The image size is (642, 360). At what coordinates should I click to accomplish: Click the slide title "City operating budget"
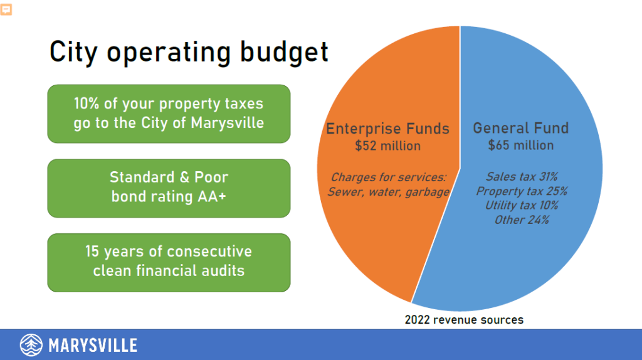pos(189,53)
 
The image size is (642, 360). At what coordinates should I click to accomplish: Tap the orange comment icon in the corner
pos(6,9)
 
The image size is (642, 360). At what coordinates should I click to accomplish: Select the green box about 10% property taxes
pos(169,114)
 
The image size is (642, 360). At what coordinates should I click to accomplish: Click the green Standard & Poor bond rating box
pos(169,188)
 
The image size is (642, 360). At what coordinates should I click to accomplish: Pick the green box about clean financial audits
pos(169,263)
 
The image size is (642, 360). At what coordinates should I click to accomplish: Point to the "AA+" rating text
pos(212,196)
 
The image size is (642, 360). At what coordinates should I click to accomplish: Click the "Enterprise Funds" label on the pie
pos(387,129)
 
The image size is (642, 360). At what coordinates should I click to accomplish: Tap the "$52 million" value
pos(387,146)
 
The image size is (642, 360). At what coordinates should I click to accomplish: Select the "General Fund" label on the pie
pos(521,128)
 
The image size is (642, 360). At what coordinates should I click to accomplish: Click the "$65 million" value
pos(521,145)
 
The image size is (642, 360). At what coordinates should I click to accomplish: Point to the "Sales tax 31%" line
pos(522,176)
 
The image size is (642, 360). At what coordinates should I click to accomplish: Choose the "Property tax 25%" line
pos(522,191)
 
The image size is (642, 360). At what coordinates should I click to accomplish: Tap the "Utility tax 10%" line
pos(522,205)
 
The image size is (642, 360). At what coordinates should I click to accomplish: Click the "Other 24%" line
pos(522,220)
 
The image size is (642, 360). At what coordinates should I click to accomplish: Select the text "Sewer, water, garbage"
pos(388,192)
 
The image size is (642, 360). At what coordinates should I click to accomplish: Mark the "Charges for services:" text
pos(388,177)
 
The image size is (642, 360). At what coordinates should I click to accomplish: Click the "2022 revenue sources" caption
pos(464,320)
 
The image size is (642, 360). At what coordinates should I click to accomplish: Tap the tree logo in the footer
pos(31,345)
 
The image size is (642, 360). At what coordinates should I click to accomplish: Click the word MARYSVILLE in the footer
pos(93,346)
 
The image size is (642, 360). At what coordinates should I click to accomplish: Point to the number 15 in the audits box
pos(92,251)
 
